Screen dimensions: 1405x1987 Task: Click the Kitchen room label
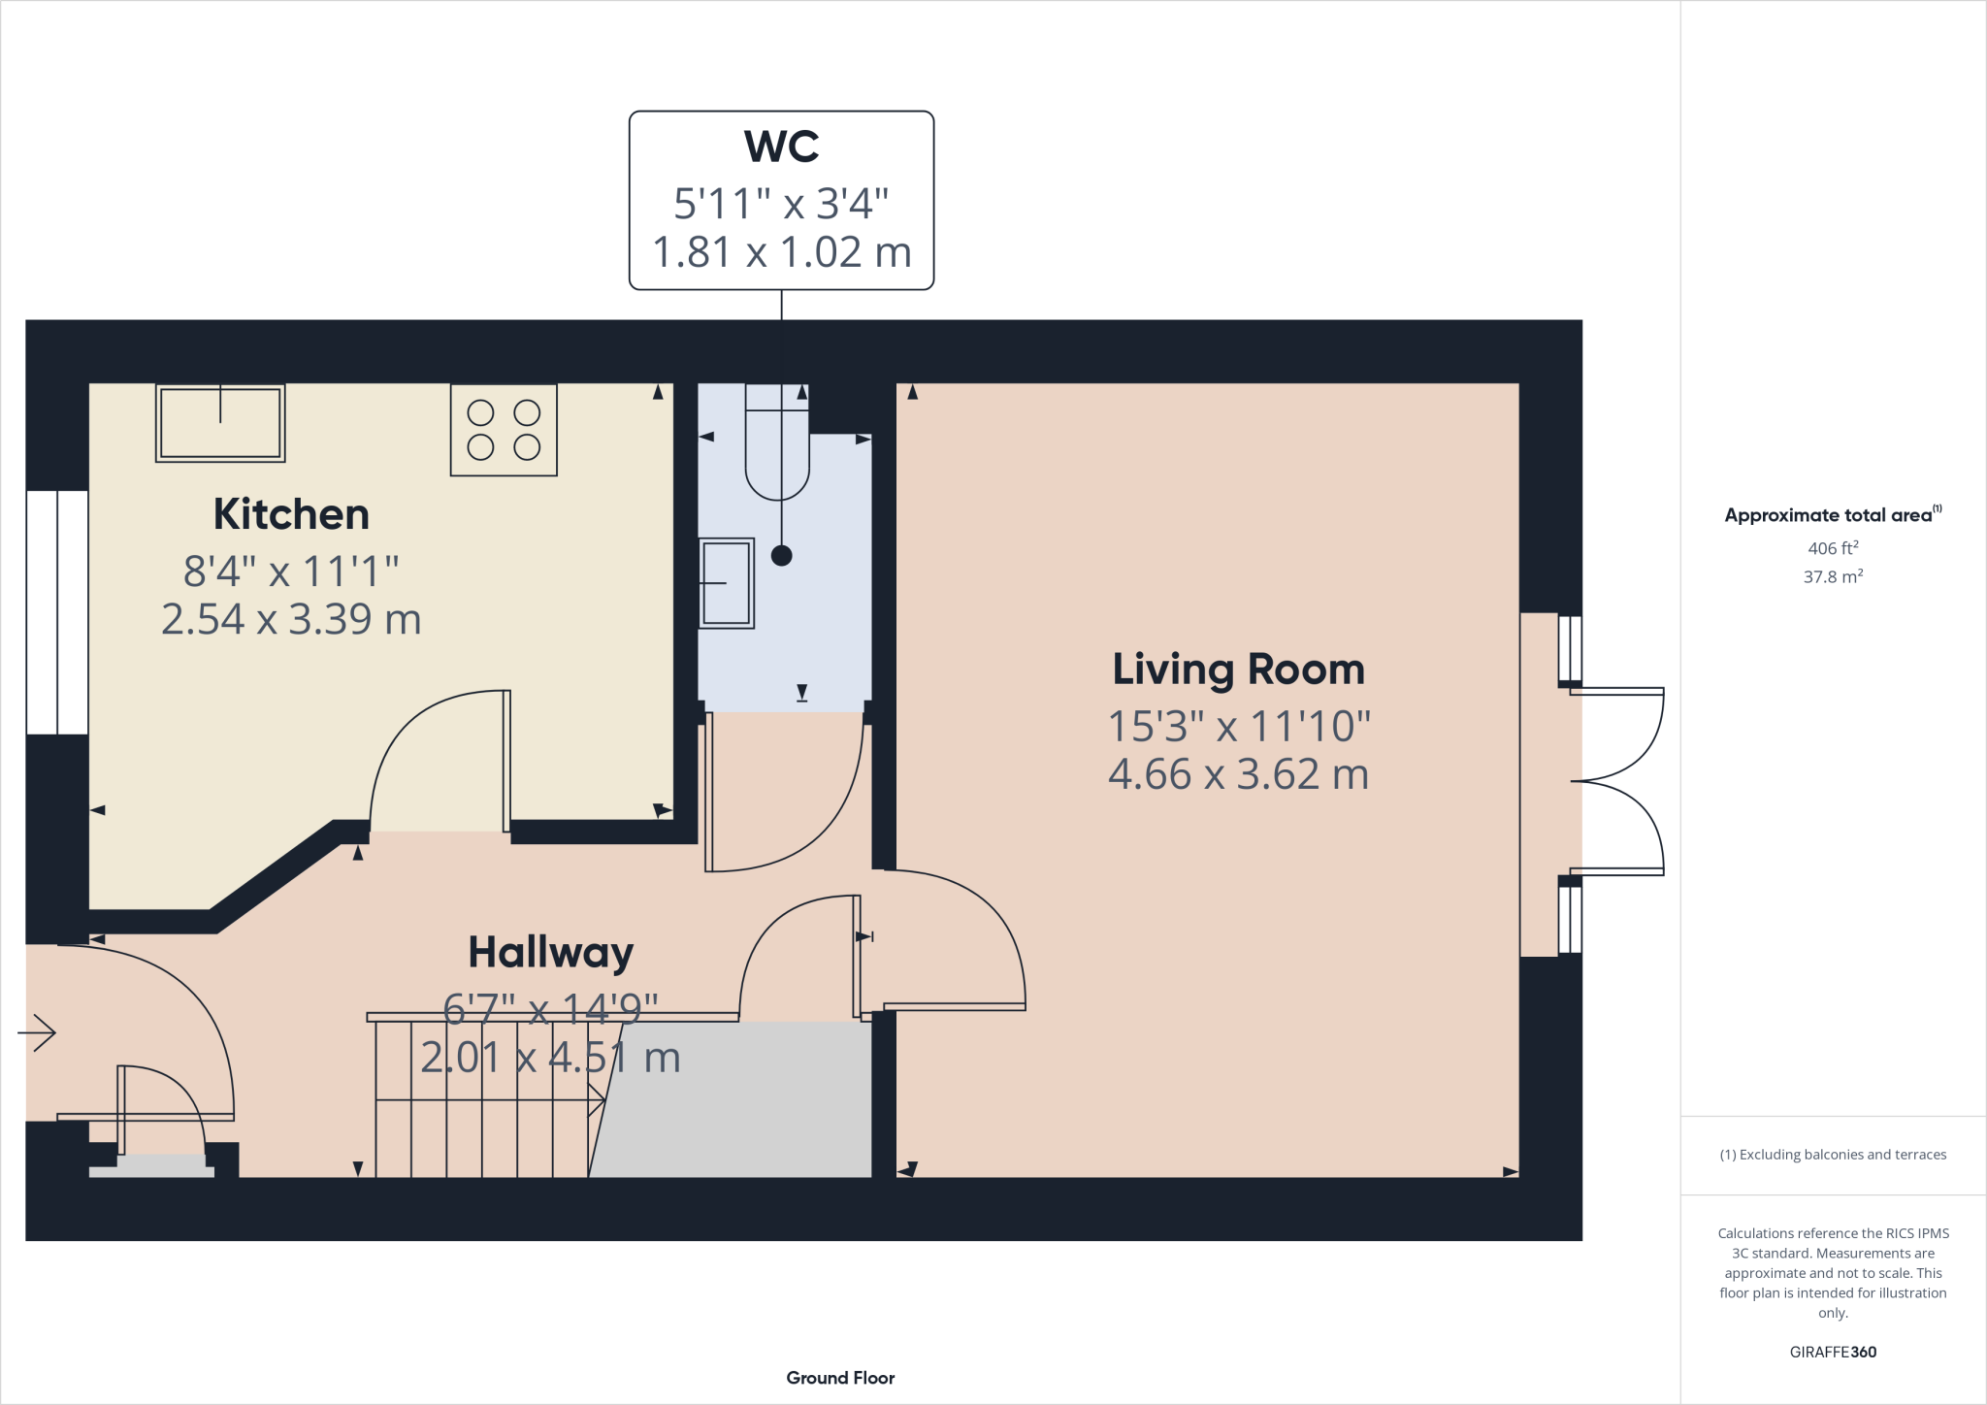[291, 514]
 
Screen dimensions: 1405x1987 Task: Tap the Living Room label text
[1238, 670]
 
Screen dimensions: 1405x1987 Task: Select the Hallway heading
[550, 953]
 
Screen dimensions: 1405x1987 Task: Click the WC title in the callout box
[781, 147]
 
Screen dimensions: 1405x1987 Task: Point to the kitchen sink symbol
[220, 423]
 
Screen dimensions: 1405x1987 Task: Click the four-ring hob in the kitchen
[504, 430]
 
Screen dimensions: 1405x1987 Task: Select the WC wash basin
[726, 583]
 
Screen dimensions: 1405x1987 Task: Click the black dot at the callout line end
[781, 556]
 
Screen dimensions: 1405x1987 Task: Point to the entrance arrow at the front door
[37, 1032]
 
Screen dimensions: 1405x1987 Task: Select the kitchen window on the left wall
[57, 612]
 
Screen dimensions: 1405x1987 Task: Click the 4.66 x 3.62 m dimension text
[1238, 774]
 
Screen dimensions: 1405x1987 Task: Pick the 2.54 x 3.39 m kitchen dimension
[291, 619]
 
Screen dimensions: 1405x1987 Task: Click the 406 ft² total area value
[1833, 548]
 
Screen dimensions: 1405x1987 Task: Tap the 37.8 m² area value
[1833, 576]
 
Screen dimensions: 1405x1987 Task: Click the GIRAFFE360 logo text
[1833, 1352]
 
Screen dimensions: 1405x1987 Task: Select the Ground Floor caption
[840, 1378]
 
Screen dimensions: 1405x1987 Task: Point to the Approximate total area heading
[1831, 515]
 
